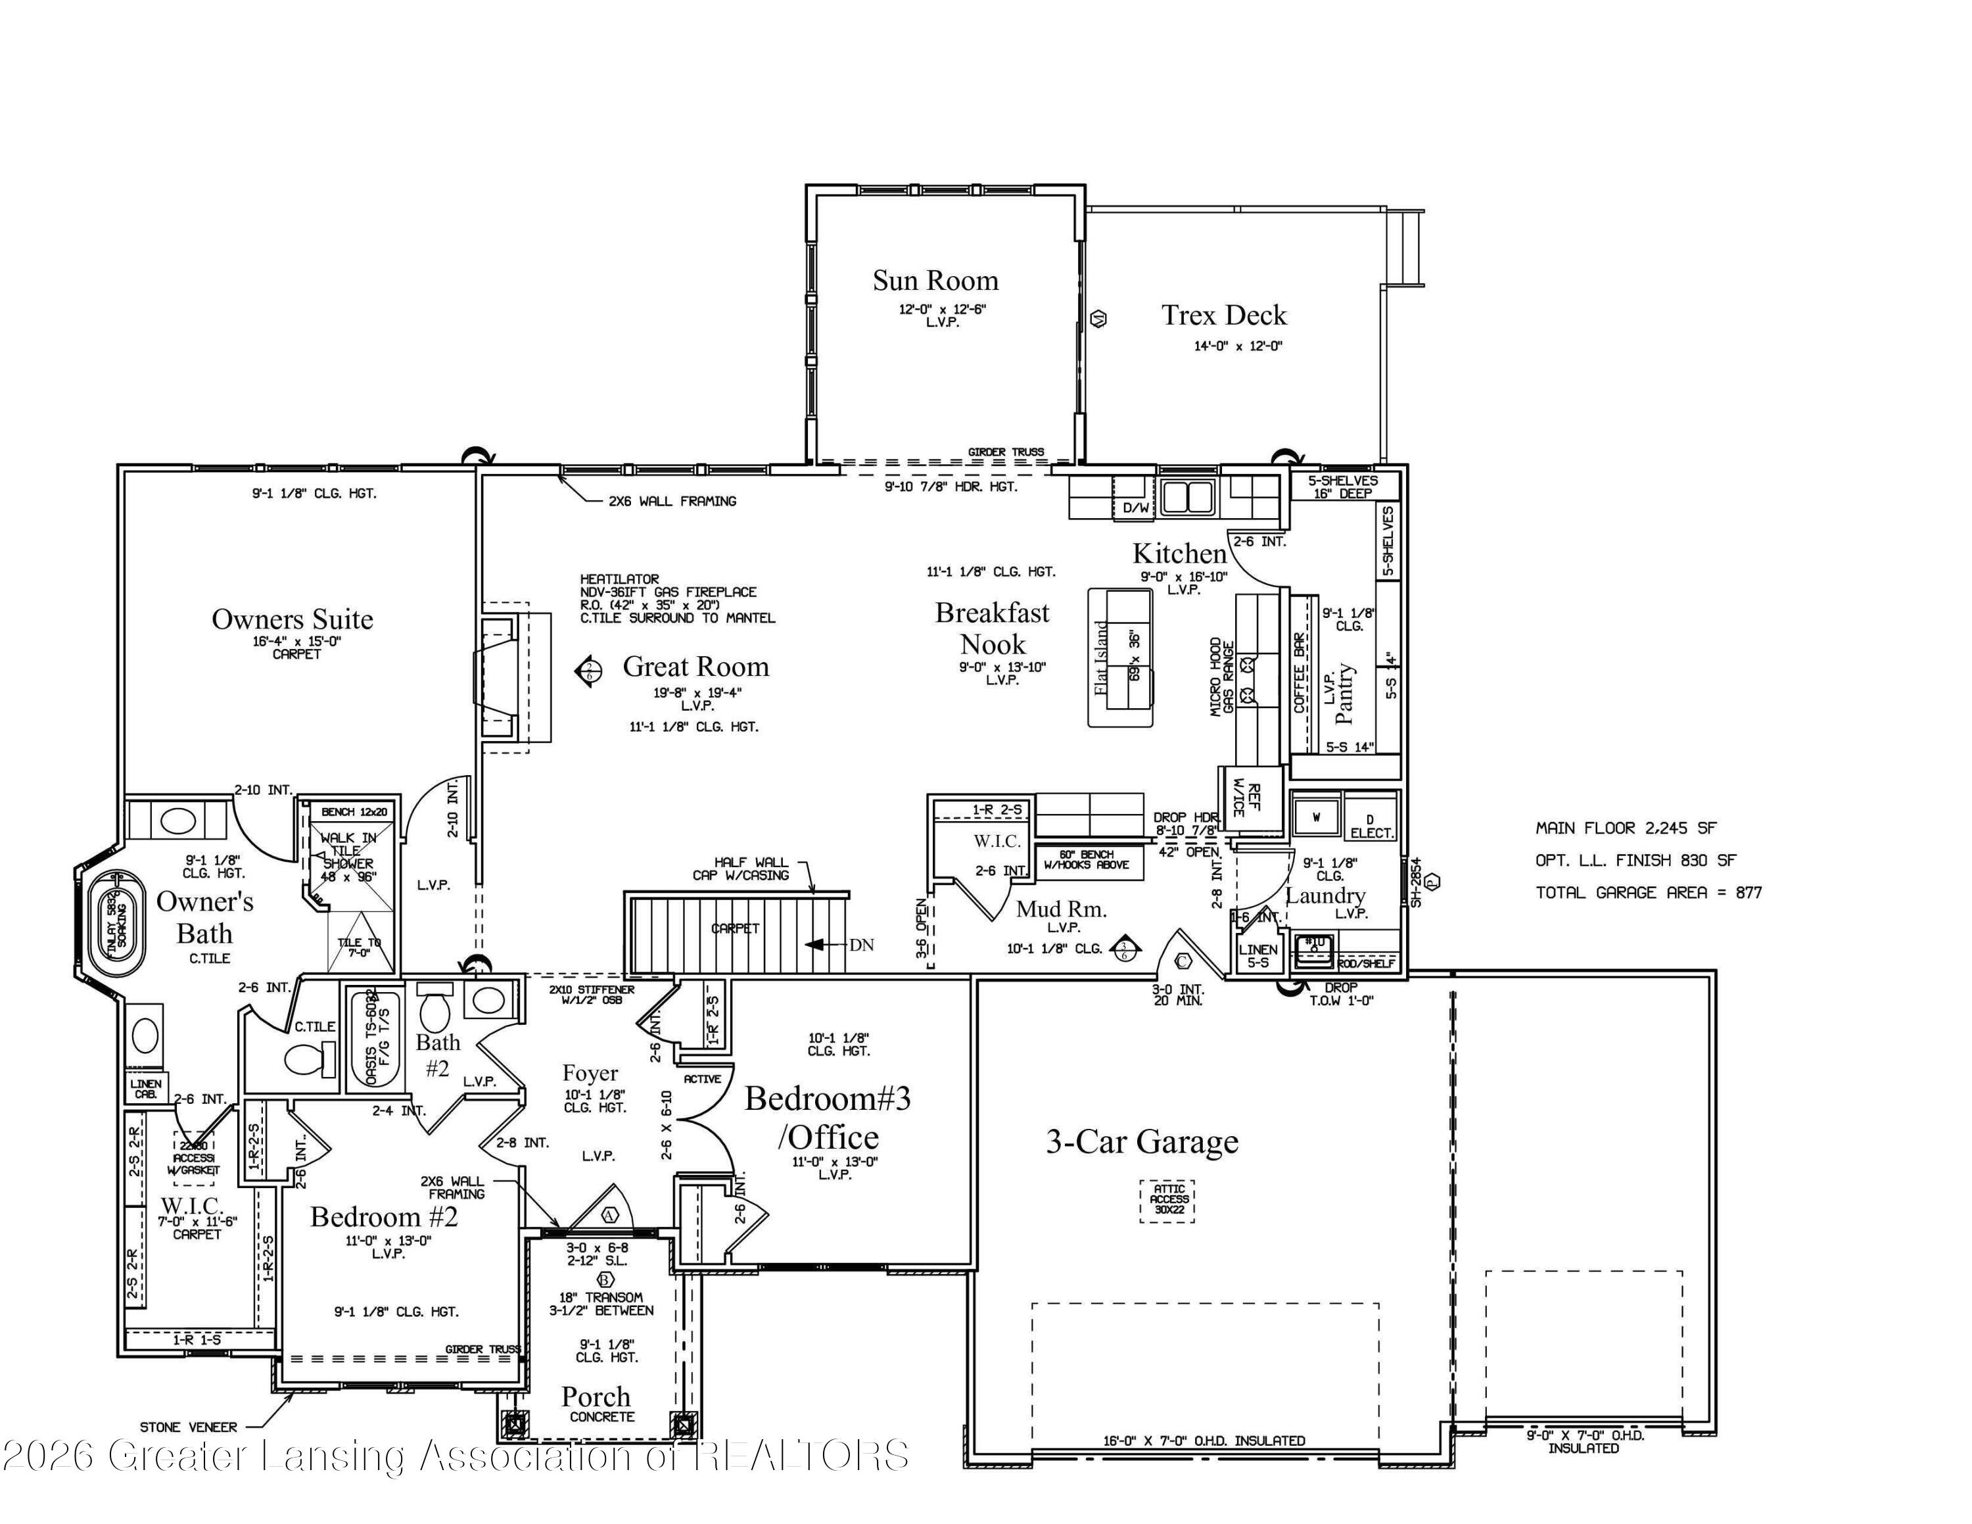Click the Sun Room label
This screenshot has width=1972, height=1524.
pos(935,281)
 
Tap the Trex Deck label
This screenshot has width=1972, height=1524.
pos(1223,315)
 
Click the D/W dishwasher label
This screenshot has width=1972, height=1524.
pos(1136,508)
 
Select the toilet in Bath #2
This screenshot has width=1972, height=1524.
pos(435,1009)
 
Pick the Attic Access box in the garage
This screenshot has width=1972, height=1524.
pos(1168,1200)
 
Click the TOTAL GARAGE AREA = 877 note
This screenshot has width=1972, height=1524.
pos(1648,893)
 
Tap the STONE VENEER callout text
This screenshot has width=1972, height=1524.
pos(188,1427)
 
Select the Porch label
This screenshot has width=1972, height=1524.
pos(596,1396)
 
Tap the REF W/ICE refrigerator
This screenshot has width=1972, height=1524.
pos(1252,799)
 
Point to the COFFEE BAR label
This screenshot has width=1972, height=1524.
pos(1300,673)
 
